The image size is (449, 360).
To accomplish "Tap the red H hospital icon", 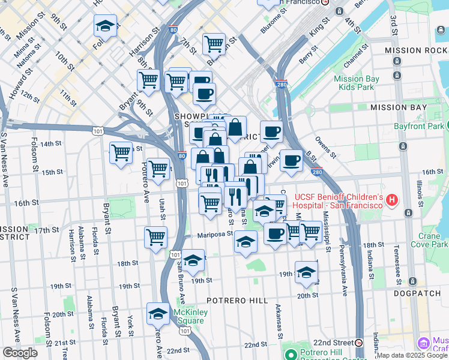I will pos(393,199).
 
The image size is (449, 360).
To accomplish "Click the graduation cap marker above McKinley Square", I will pos(158,314).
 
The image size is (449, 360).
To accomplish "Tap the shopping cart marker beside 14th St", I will pos(121,153).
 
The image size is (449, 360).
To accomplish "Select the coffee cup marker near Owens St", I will pos(291,160).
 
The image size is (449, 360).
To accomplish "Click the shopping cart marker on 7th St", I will pos(213,43).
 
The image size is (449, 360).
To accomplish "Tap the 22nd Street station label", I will pos(333,342).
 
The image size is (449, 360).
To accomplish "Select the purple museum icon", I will pos(424,343).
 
